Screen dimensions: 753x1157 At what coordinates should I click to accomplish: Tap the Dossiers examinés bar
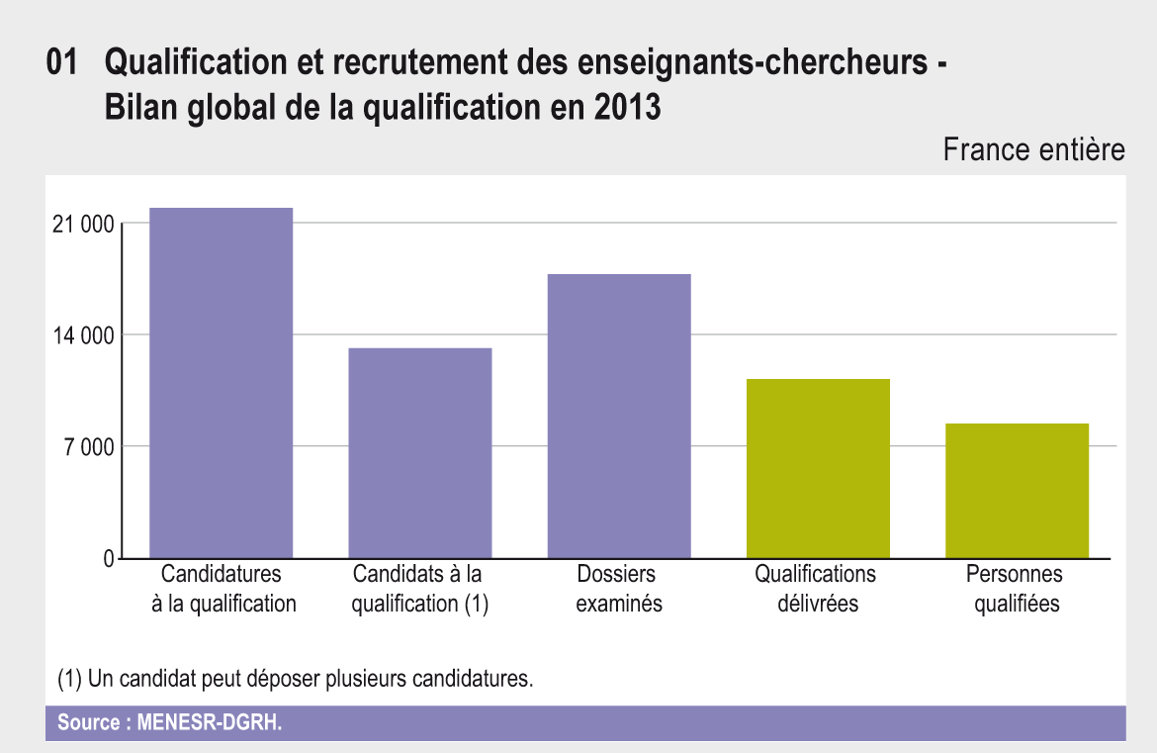[619, 416]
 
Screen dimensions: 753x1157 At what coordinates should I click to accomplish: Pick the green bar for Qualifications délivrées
[818, 469]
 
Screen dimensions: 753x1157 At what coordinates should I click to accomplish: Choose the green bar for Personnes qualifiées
[1017, 491]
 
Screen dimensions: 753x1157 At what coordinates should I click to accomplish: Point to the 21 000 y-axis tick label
[83, 225]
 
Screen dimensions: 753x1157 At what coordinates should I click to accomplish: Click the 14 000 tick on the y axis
[83, 335]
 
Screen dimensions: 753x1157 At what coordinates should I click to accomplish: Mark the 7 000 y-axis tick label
[89, 447]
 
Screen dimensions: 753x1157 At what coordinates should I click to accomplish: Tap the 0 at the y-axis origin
[109, 559]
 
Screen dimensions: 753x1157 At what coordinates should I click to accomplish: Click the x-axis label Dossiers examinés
[619, 589]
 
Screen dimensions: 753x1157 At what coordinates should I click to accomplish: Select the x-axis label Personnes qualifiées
[1017, 589]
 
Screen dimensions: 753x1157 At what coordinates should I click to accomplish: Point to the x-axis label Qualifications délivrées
[817, 589]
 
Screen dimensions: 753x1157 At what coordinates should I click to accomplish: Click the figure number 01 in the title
[61, 64]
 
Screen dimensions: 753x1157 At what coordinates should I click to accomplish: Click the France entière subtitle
[1033, 150]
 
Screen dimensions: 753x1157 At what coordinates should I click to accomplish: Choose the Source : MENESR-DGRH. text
[169, 722]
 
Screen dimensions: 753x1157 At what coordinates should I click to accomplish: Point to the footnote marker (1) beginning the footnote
[69, 680]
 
